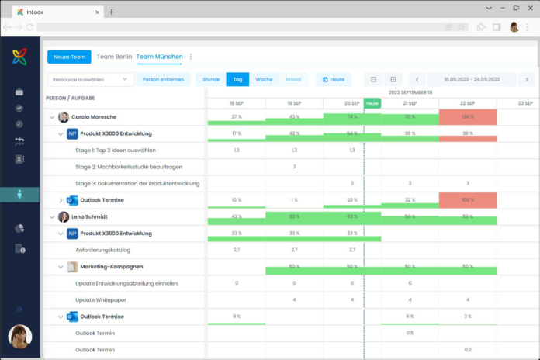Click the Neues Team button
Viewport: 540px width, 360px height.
(x=69, y=57)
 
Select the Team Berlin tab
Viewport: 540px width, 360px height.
(x=114, y=57)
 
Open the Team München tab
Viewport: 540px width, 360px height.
(x=159, y=57)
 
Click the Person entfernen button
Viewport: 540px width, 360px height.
(x=163, y=79)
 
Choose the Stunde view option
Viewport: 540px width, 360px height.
(x=211, y=79)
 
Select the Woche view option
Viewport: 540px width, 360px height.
(x=264, y=79)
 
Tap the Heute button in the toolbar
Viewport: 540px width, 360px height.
(x=334, y=79)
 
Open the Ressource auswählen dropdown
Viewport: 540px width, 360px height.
(x=91, y=79)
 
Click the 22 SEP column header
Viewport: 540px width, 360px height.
(x=467, y=103)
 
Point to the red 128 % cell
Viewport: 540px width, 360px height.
(x=467, y=116)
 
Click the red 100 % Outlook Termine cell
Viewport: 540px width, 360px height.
(x=467, y=200)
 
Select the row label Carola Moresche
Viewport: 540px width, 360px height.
(x=94, y=117)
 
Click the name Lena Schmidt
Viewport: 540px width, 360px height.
(x=89, y=217)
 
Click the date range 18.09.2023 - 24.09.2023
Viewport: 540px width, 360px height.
(x=472, y=79)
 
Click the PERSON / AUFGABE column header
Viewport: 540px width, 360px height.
(x=71, y=99)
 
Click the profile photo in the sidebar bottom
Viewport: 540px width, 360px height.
(x=19, y=337)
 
